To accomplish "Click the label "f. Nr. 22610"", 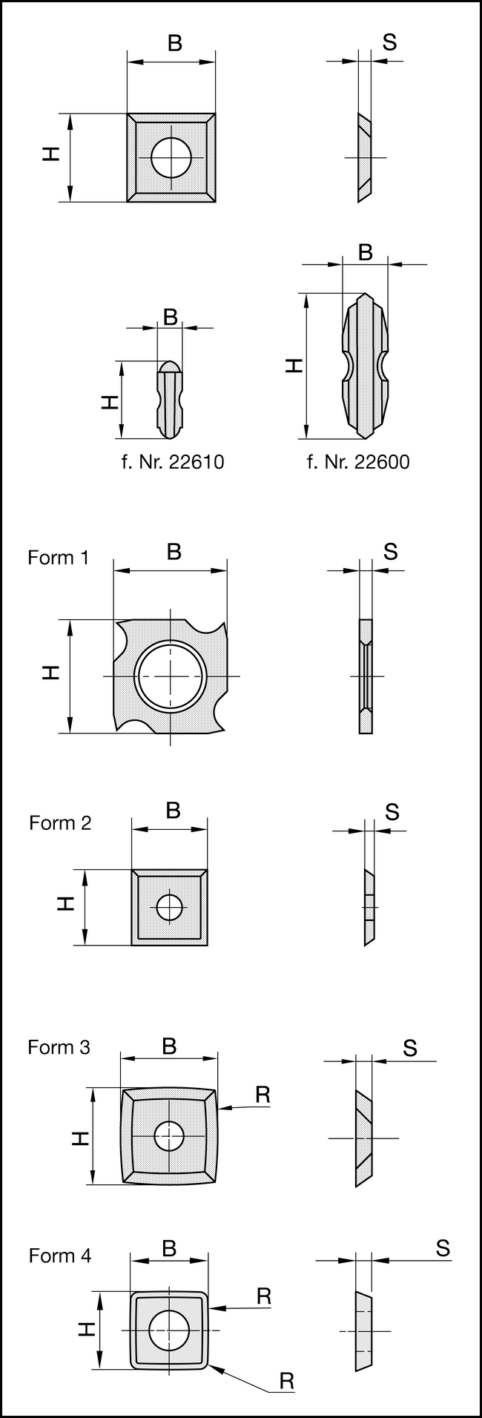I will (x=172, y=462).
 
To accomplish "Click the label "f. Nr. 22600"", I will (x=358, y=462).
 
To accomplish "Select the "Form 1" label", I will (x=59, y=558).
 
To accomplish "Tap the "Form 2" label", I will (x=60, y=822).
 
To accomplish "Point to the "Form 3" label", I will (x=59, y=1047).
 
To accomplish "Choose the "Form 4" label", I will (x=60, y=1256).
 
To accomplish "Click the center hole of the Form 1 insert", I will (x=171, y=676).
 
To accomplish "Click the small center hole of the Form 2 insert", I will (x=169, y=907).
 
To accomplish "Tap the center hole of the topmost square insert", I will (x=171, y=157).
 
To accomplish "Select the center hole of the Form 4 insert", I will (x=169, y=1330).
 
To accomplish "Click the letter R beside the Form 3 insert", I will (x=262, y=1094).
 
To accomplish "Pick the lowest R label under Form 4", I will (x=287, y=1381).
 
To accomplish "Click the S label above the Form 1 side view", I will (x=391, y=552).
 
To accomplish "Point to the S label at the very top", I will (x=389, y=42).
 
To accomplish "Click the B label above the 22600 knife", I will (x=366, y=253).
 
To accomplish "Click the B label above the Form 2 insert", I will (x=173, y=810).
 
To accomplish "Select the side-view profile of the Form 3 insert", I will (x=365, y=1138).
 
